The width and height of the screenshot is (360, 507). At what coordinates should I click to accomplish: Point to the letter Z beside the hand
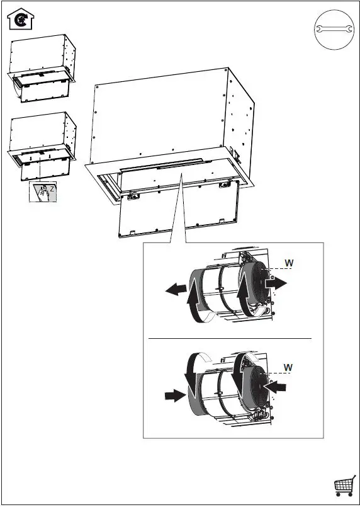point(52,188)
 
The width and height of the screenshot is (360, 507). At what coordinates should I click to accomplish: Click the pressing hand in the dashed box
point(42,192)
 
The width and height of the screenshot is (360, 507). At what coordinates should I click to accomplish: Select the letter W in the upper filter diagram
point(289,263)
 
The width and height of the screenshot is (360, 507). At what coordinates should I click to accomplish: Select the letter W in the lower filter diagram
point(289,367)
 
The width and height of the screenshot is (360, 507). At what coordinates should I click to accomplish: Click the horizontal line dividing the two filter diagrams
point(230,338)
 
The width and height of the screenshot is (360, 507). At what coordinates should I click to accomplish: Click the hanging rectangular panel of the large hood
point(179,211)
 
